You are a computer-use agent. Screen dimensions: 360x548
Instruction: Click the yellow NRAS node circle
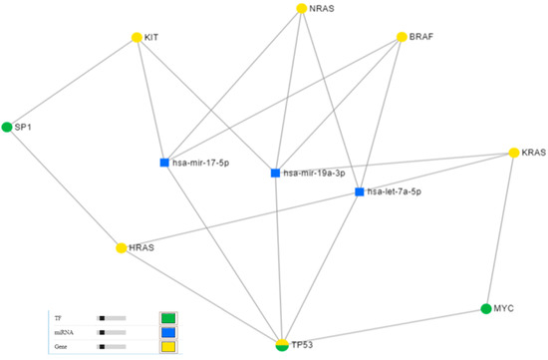302,9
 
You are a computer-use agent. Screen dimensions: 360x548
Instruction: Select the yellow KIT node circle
137,38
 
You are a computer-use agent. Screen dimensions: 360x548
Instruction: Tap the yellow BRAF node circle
402,38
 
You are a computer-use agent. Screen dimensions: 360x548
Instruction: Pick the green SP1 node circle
7,127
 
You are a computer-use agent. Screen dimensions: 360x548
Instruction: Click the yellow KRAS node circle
514,153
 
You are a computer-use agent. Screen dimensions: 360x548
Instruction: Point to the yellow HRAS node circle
122,246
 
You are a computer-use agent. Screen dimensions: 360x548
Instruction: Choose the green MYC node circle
486,308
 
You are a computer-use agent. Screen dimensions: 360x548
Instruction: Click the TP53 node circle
283,344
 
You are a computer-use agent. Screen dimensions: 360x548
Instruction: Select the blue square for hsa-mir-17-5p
164,163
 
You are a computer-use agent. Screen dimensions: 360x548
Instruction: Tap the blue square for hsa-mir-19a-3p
275,173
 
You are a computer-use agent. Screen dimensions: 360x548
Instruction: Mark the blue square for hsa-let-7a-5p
360,190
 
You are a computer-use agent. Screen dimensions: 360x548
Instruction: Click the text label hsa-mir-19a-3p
314,174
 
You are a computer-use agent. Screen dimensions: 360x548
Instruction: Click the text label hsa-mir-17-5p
202,163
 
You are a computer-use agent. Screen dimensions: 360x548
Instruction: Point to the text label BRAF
422,38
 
